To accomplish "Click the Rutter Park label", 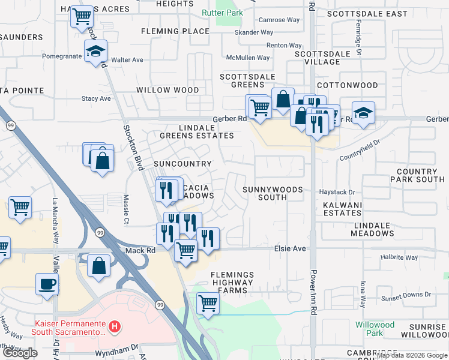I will pyautogui.click(x=231, y=13).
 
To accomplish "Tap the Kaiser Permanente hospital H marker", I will pyautogui.click(x=115, y=328).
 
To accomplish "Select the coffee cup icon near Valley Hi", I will pyautogui.click(x=47, y=283).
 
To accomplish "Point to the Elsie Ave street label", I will pyautogui.click(x=290, y=248).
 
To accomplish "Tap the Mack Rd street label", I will pyautogui.click(x=136, y=250).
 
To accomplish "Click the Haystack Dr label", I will pyautogui.click(x=337, y=193).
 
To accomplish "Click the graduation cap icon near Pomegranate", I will pyautogui.click(x=95, y=52).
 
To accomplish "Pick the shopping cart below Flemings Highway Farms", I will pyautogui.click(x=208, y=302).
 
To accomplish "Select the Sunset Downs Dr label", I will pyautogui.click(x=406, y=295).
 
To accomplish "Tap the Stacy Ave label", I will pyautogui.click(x=97, y=98).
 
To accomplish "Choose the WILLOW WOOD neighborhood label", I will pyautogui.click(x=167, y=90).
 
